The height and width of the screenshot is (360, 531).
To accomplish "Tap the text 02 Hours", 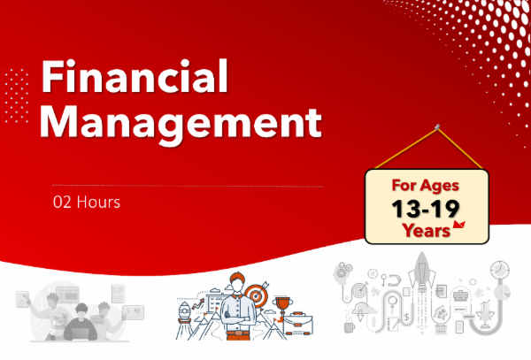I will (86, 202).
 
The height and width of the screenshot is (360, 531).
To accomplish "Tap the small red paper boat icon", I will (458, 227).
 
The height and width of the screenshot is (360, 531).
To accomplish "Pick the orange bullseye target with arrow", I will (257, 292).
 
